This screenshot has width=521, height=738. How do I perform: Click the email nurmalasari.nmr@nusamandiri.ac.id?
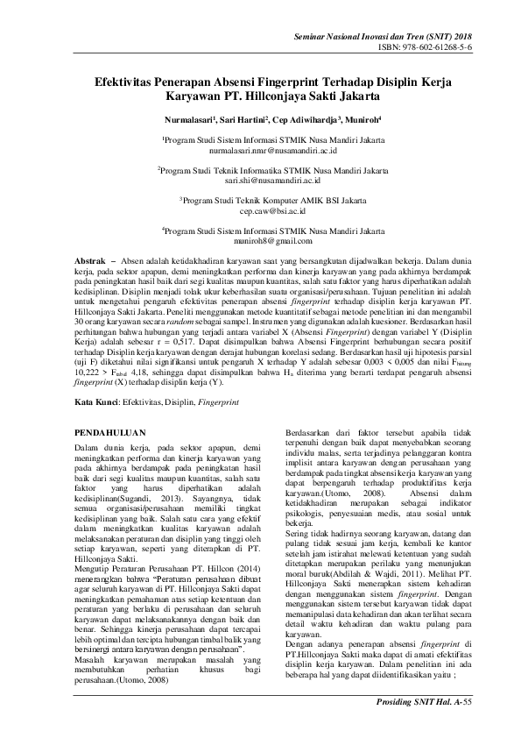[x=261, y=150]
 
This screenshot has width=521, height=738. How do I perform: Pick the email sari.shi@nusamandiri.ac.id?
[x=261, y=181]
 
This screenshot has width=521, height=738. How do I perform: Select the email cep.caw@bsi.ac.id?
[x=261, y=211]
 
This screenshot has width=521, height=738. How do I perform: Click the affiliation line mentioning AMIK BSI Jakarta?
[x=261, y=201]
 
